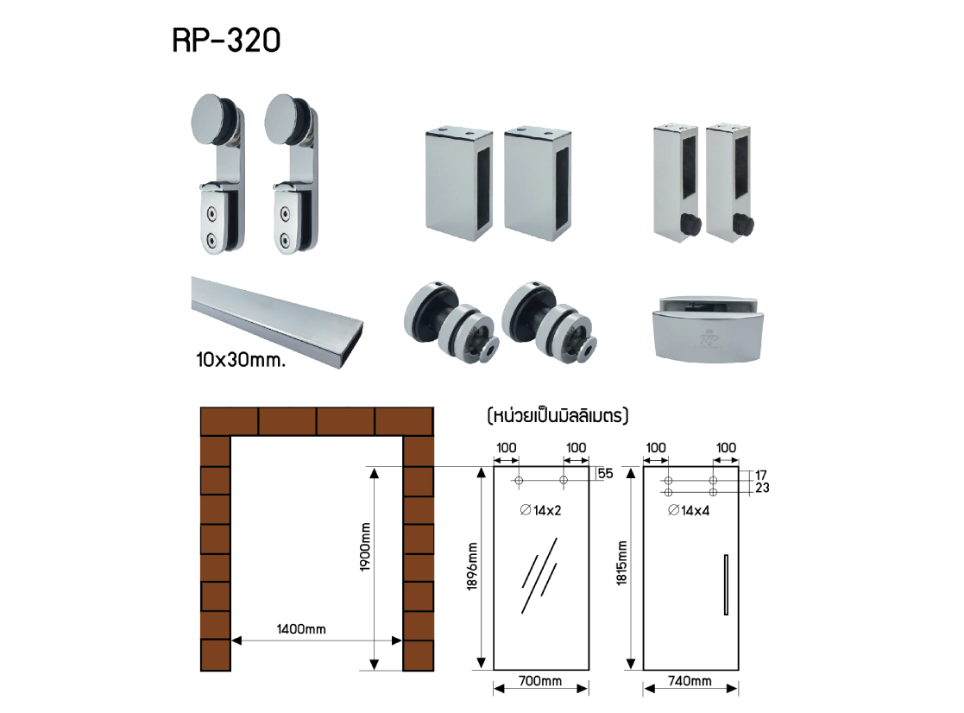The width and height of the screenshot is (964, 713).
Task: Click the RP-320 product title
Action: (226, 41)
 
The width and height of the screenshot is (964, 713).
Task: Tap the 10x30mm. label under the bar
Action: (241, 360)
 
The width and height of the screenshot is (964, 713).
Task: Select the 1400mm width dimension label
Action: (301, 628)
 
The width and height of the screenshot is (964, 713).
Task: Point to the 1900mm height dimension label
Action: (365, 547)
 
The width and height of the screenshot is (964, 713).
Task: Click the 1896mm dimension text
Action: (472, 566)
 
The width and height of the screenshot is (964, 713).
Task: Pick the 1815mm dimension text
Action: (621, 563)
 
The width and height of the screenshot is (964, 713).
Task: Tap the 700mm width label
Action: (539, 680)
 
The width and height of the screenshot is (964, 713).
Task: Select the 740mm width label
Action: (690, 680)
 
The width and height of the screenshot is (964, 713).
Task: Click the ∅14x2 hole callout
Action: (541, 510)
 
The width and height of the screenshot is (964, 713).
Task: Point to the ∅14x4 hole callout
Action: (689, 510)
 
